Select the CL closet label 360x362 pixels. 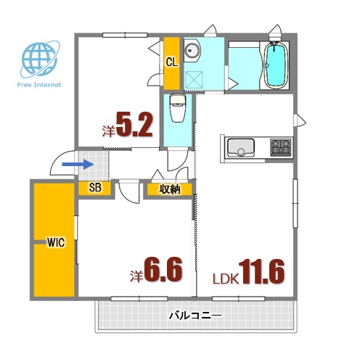(x=171, y=62)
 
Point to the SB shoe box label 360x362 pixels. (x=94, y=188)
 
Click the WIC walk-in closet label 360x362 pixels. (x=56, y=242)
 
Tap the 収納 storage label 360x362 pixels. (x=170, y=189)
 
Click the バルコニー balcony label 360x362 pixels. (x=195, y=316)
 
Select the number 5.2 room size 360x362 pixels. (x=134, y=126)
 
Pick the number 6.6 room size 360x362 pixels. (x=163, y=270)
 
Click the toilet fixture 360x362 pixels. (x=176, y=110)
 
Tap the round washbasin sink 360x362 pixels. (x=192, y=52)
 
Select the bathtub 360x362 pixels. (x=276, y=65)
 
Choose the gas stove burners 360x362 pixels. (x=280, y=148)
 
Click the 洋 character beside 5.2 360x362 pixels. (x=108, y=131)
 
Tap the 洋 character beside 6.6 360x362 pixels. (x=136, y=276)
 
